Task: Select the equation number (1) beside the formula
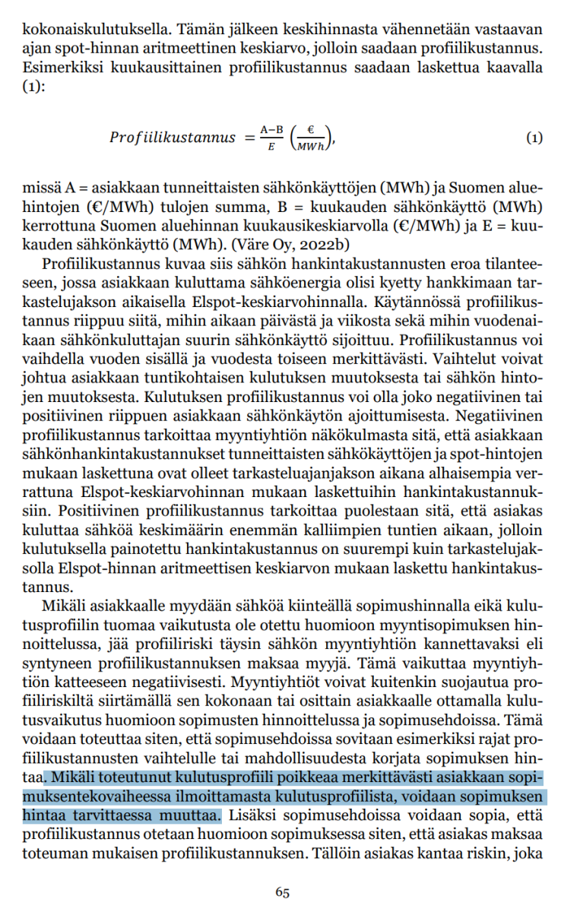[x=534, y=138]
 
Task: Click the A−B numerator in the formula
[x=270, y=130]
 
